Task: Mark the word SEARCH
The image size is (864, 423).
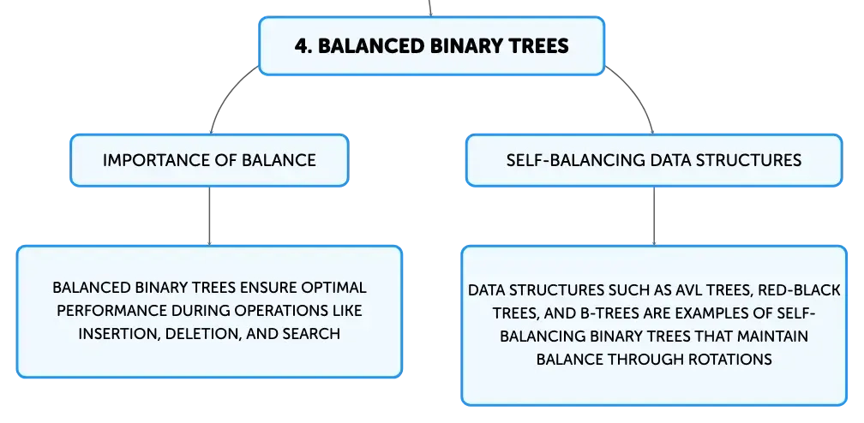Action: [x=311, y=334]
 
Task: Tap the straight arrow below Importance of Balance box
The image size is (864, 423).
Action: [x=209, y=216]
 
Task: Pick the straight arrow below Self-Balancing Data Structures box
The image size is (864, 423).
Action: [x=654, y=216]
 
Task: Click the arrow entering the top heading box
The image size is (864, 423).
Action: [x=429, y=9]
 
